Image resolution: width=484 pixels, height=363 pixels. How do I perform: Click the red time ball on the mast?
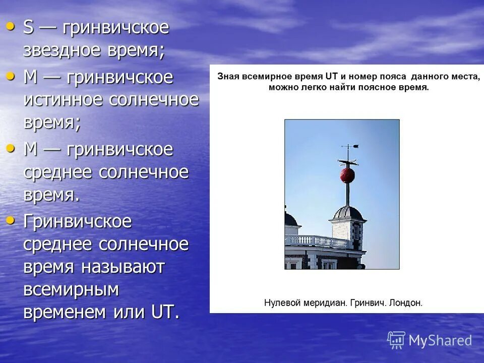[347, 175]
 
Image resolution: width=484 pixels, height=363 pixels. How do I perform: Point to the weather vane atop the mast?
[349, 148]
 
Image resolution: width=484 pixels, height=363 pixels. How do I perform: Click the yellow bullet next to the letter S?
[11, 26]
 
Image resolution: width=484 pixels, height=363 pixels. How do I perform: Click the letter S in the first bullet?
[28, 28]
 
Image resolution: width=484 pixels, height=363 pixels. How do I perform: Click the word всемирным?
[71, 290]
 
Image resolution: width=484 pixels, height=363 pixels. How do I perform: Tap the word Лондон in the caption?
[406, 303]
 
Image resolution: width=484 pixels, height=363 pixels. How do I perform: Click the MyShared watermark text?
[440, 341]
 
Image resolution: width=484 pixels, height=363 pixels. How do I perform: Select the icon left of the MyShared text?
[396, 340]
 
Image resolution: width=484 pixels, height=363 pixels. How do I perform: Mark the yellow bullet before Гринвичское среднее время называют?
[11, 219]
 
